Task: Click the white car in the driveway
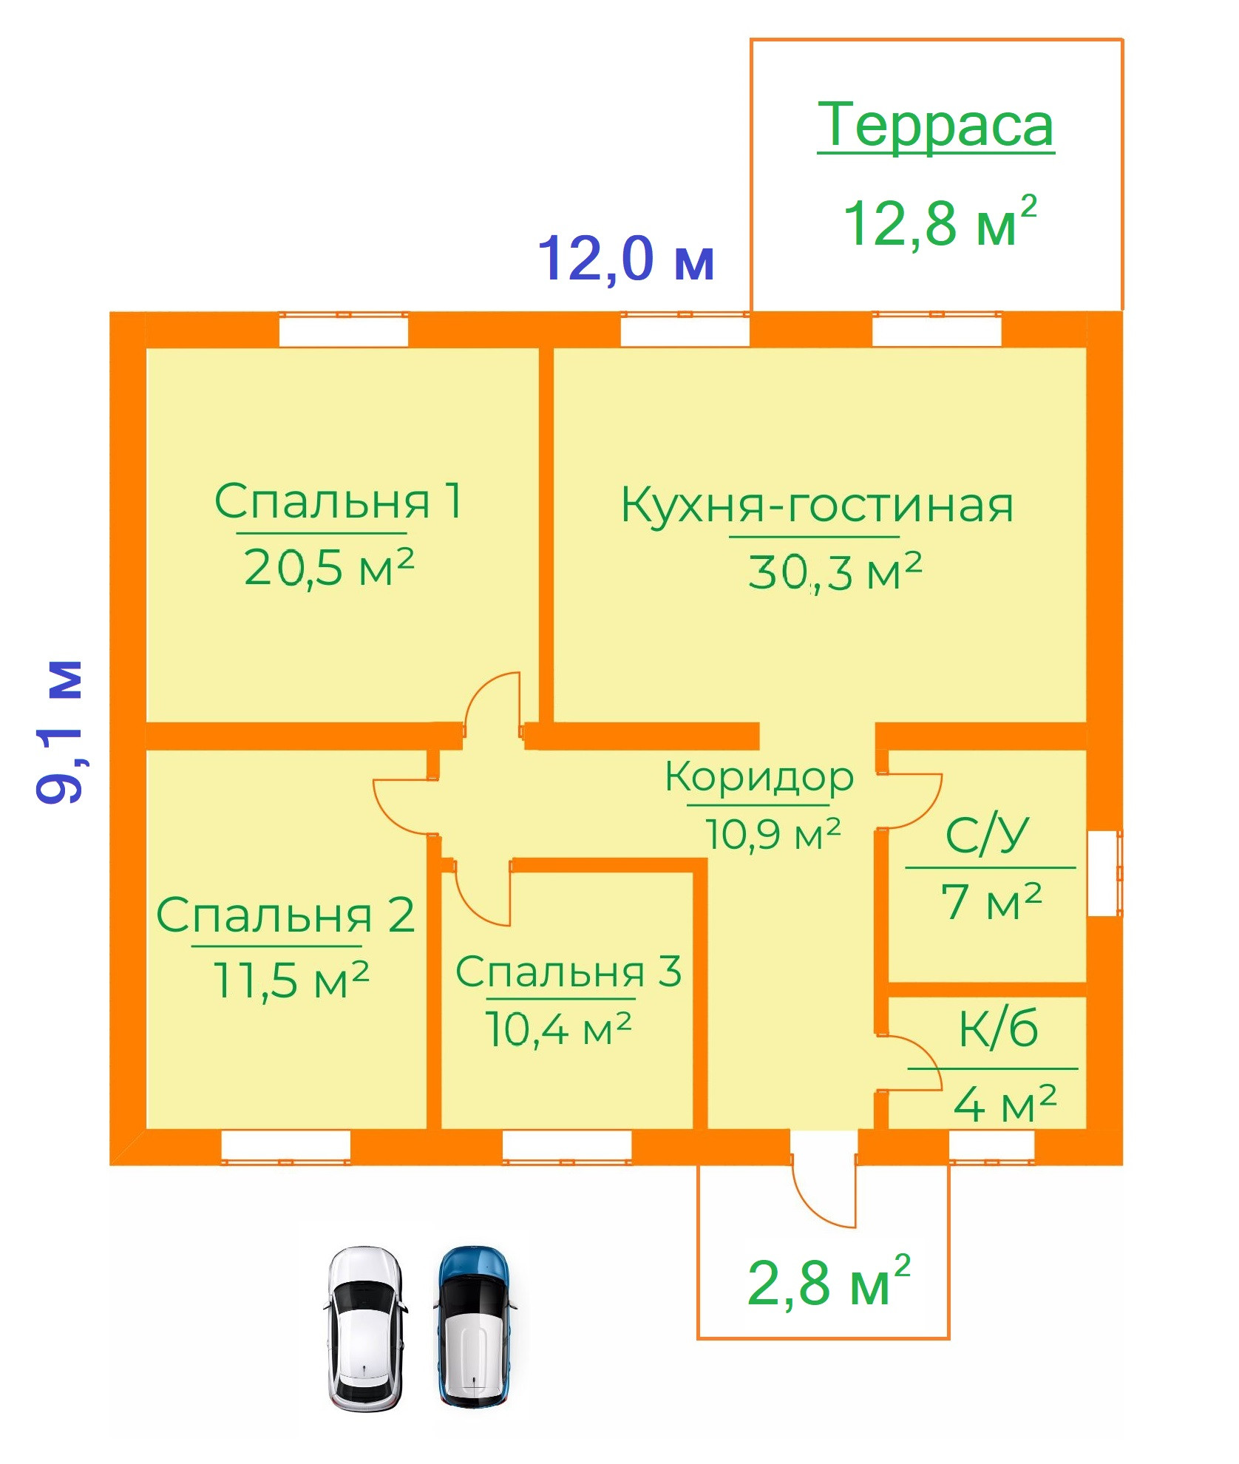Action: point(366,1329)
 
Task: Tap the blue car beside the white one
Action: point(474,1326)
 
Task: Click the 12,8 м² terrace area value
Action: point(940,223)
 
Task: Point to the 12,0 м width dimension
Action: point(626,259)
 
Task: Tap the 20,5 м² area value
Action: point(328,567)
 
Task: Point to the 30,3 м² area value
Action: point(835,572)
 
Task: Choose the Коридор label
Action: point(759,778)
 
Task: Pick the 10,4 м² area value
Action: point(558,1028)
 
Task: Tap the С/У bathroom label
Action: point(987,836)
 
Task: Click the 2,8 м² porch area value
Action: point(829,1282)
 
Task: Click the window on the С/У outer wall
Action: point(1104,873)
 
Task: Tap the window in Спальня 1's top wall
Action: point(344,329)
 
